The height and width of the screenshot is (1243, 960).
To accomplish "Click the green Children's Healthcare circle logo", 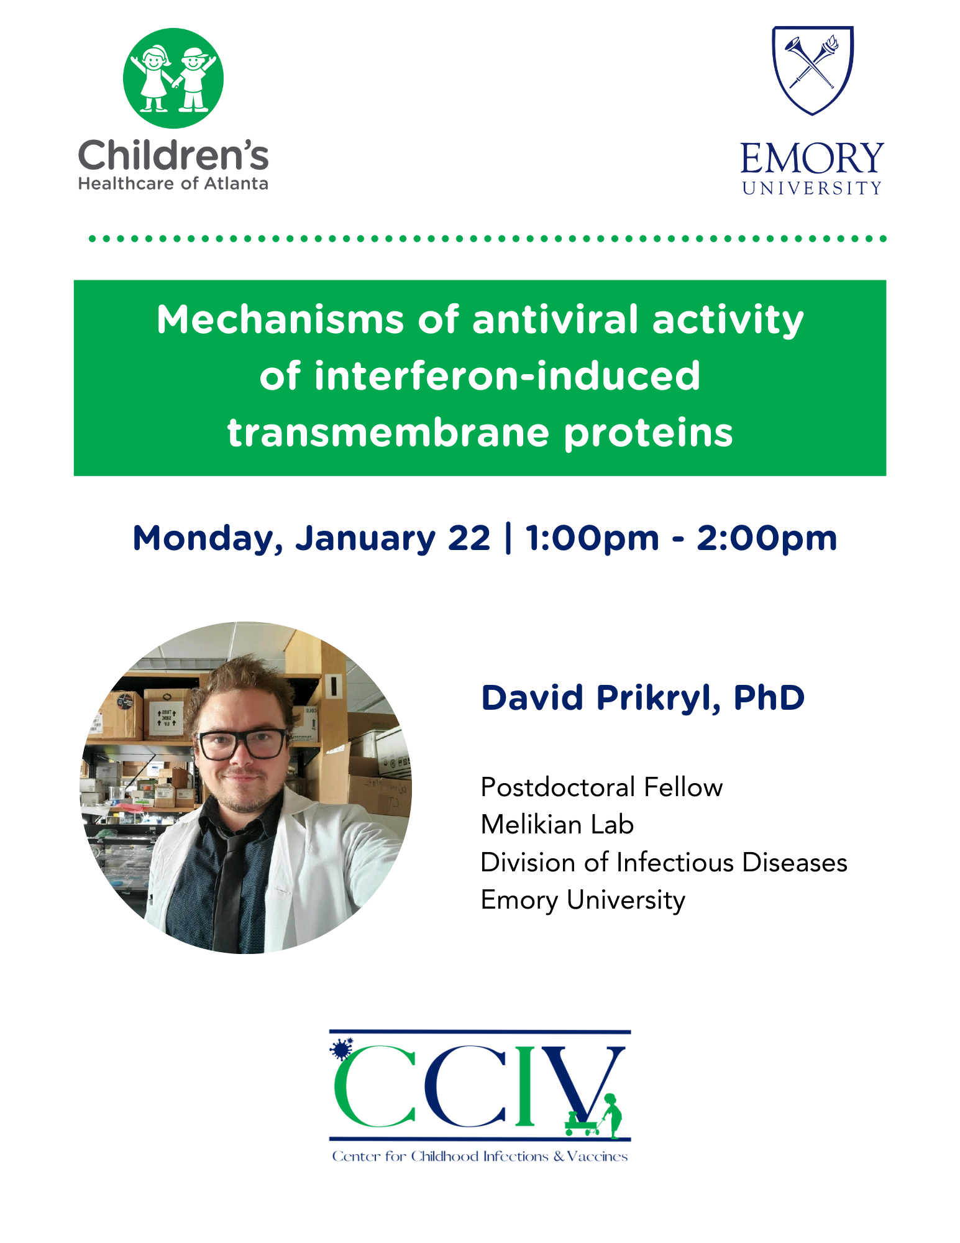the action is (173, 78).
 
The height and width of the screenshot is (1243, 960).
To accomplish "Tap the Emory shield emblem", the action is (813, 70).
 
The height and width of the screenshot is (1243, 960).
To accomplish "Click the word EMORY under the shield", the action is (812, 158).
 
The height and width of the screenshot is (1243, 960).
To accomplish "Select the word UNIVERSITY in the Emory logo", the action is (812, 188).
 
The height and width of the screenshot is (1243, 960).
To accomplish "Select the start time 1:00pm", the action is (592, 539).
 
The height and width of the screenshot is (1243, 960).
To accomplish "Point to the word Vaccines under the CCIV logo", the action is (597, 1157).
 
